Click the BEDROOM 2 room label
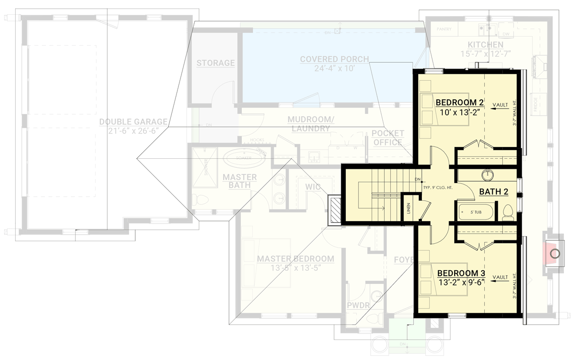[459, 103]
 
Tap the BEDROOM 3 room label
[461, 273]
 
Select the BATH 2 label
[493, 192]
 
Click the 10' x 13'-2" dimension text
[459, 113]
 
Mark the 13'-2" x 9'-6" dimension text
[461, 282]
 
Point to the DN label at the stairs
[417, 179]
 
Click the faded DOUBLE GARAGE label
[133, 126]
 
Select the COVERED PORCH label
[334, 63]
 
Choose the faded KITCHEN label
[485, 45]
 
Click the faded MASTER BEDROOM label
[295, 263]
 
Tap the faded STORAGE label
[215, 63]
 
